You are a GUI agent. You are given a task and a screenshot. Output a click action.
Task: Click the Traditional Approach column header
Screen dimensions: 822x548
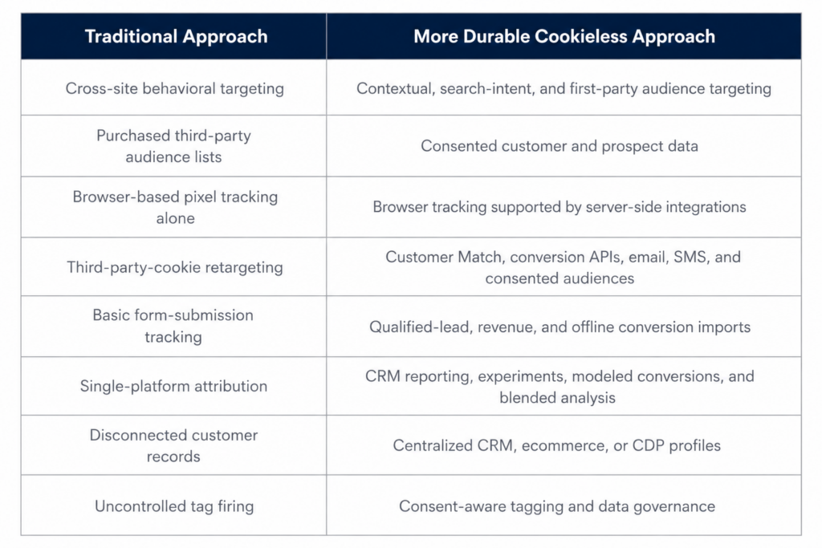[176, 36]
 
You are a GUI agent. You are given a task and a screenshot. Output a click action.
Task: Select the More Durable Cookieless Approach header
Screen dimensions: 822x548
[564, 36]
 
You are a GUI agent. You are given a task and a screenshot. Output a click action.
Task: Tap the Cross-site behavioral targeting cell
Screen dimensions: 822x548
[174, 88]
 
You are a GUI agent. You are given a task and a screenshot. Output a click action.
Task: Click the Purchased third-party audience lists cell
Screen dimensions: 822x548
[173, 146]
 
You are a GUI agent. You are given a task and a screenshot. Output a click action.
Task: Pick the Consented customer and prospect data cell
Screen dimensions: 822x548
[560, 146]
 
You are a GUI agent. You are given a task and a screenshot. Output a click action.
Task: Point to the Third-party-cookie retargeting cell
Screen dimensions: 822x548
[174, 267]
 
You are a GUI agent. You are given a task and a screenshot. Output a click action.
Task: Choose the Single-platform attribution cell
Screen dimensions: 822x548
[173, 386]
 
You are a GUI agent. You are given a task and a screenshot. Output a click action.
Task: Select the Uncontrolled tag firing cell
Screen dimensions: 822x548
[174, 506]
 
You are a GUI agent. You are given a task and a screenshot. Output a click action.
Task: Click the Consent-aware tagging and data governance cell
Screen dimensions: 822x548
[557, 506]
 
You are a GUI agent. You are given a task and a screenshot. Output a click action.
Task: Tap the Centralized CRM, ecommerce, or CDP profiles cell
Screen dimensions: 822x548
[557, 445]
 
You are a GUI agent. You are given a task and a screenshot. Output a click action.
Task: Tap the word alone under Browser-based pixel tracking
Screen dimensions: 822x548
[175, 218]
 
